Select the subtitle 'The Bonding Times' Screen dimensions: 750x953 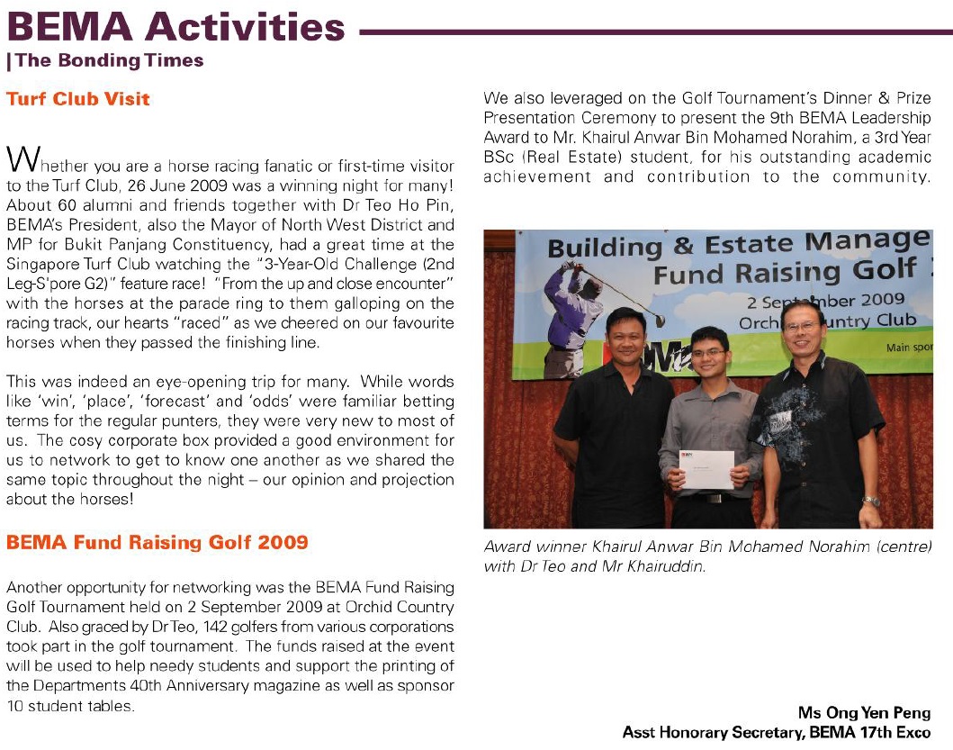click(x=109, y=61)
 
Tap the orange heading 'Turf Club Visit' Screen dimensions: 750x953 click(x=78, y=99)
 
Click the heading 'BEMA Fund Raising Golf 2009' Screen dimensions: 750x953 click(x=157, y=542)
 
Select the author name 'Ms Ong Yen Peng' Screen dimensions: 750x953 click(x=864, y=713)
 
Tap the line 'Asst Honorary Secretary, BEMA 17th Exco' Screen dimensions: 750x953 click(x=776, y=732)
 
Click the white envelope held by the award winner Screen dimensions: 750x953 click(x=706, y=468)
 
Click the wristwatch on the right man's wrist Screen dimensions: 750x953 click(x=869, y=502)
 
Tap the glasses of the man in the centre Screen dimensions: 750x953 click(x=709, y=352)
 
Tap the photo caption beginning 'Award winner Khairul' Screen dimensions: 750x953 click(x=706, y=556)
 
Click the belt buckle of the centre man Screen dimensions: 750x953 click(x=714, y=498)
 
